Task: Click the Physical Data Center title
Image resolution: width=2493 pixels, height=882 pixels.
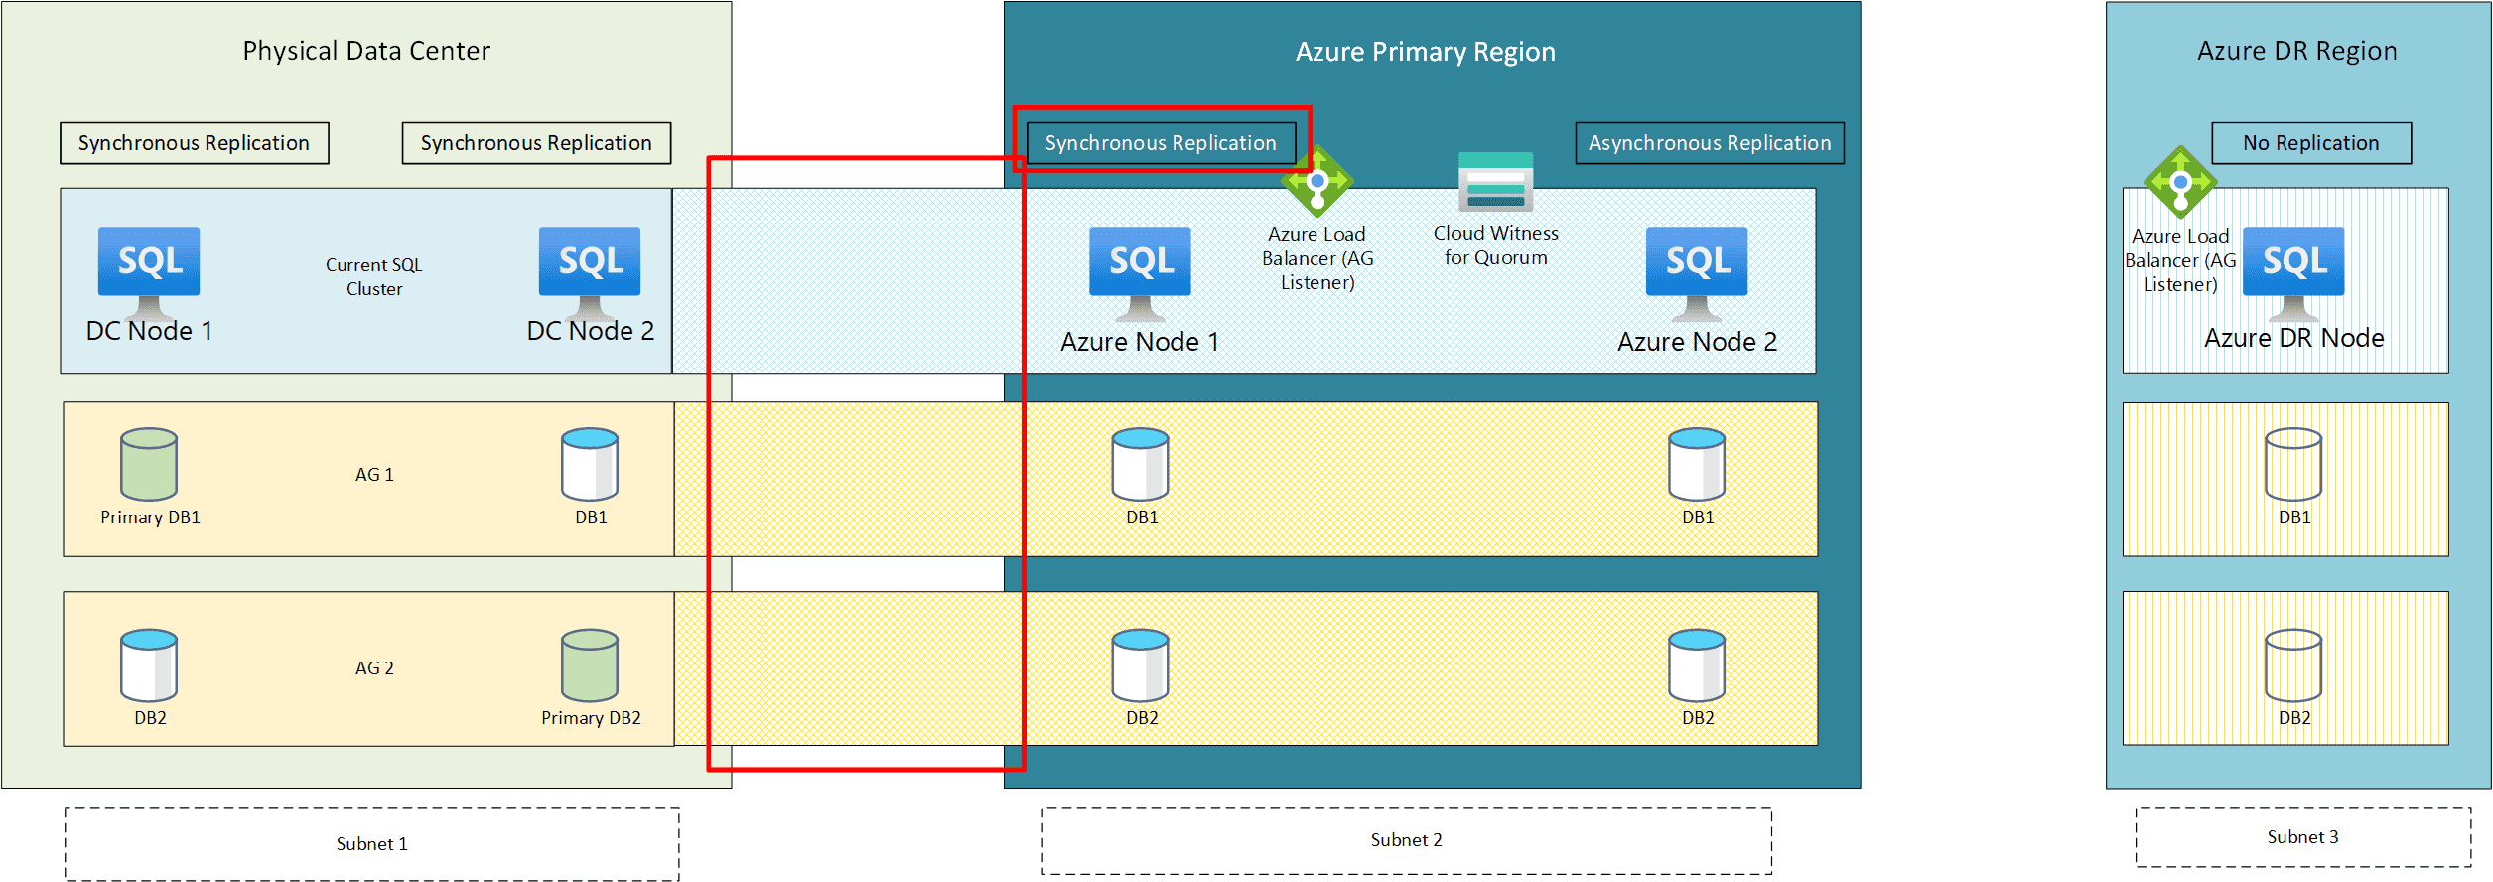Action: tap(366, 51)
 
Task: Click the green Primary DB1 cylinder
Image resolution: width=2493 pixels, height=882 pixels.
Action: tap(149, 464)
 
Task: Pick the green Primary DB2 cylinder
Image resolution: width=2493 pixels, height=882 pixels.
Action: tap(590, 665)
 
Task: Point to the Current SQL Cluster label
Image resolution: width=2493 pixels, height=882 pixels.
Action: tap(374, 277)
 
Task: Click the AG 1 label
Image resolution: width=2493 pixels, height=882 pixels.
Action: tap(374, 475)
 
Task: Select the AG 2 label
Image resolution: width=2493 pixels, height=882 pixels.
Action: tap(374, 668)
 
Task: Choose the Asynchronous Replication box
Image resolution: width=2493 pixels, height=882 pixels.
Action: tap(1710, 143)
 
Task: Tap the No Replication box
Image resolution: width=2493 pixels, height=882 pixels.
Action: tap(2311, 143)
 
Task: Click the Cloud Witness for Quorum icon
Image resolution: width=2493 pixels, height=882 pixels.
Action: tap(1496, 182)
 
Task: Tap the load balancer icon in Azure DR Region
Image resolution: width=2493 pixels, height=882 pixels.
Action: tap(2180, 183)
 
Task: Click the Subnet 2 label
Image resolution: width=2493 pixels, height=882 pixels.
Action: tap(1407, 840)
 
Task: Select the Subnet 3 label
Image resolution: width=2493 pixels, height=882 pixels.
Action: tap(2303, 837)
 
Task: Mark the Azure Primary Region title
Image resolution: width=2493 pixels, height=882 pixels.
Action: tap(1426, 52)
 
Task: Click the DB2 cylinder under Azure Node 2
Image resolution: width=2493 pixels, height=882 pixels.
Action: tap(1697, 665)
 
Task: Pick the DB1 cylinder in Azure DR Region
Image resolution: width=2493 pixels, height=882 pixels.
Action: tap(2293, 464)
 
